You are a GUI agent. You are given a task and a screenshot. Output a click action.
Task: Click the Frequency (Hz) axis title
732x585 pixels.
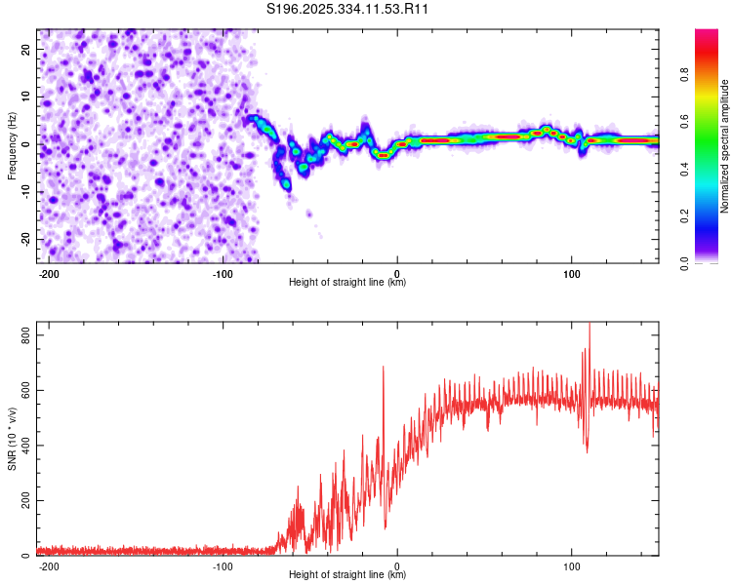tap(12, 145)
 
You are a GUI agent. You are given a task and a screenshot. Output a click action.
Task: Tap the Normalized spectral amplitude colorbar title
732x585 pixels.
tap(725, 146)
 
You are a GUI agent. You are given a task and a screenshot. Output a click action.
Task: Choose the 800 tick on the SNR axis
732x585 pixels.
tap(23, 335)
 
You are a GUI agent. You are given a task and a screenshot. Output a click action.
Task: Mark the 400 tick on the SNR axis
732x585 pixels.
tap(23, 446)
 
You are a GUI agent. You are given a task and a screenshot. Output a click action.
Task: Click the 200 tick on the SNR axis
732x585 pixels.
tap(23, 500)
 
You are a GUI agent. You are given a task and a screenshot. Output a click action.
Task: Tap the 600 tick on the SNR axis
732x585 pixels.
tap(23, 390)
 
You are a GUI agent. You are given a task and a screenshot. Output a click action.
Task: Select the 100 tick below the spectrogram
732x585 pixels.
tap(571, 272)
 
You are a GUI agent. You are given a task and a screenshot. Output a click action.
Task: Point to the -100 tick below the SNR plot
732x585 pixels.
tap(223, 565)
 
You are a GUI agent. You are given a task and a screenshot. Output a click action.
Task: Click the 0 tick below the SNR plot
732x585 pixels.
tap(397, 565)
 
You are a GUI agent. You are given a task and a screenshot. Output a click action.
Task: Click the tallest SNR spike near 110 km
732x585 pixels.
tap(589, 325)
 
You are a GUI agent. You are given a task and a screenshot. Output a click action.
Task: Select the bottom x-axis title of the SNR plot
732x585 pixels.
tap(347, 575)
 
